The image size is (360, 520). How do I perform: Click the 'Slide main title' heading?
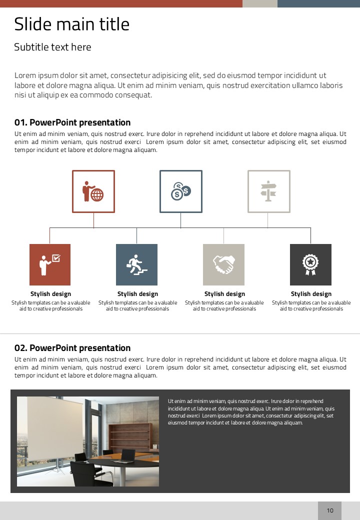click(71, 24)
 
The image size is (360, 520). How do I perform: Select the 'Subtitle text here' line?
click(52, 47)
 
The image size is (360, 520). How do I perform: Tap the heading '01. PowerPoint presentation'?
click(72, 122)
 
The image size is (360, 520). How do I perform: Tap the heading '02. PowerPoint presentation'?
click(72, 348)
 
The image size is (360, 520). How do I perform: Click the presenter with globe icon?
click(93, 191)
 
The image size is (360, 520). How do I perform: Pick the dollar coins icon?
click(180, 191)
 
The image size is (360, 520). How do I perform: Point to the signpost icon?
click(268, 191)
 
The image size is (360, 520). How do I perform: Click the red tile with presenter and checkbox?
click(50, 264)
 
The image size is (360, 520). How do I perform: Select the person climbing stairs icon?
click(136, 264)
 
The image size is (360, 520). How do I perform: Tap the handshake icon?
click(223, 264)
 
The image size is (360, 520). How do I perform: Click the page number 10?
click(330, 510)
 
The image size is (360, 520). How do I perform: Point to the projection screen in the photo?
click(55, 427)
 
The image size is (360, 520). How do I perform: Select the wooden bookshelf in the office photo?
click(131, 436)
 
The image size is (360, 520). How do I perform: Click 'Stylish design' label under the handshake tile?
click(224, 294)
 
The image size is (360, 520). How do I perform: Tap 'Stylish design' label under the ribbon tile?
click(311, 294)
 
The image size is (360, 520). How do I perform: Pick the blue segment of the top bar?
click(318, 3)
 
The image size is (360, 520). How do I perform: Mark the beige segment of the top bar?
click(260, 3)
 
